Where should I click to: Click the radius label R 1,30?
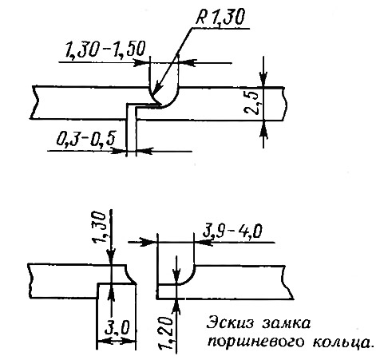point(220,18)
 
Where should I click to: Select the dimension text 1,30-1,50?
point(105,49)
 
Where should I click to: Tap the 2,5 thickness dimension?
point(251,104)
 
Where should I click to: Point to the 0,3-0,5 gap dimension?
point(86,139)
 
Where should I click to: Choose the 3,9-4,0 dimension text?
point(232,231)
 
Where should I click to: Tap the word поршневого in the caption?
point(255,342)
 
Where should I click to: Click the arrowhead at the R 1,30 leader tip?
point(157,89)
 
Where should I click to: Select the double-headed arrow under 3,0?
point(117,341)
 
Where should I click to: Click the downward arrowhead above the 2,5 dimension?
point(263,78)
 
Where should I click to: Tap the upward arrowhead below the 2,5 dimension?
point(263,130)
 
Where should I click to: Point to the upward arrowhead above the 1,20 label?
point(176,307)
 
